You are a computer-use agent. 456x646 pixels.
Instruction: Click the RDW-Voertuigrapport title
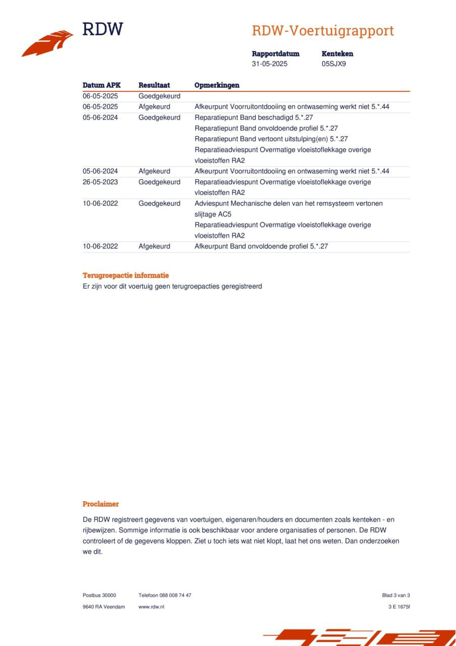click(323, 31)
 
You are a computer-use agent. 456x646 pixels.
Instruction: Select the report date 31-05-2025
click(270, 64)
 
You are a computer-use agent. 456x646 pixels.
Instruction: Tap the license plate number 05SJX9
click(334, 64)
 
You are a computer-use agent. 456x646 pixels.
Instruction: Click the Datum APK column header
click(101, 85)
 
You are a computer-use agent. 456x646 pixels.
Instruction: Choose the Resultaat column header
click(154, 85)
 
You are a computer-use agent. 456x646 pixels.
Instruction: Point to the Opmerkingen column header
click(217, 85)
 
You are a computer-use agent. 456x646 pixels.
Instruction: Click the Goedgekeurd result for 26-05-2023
click(159, 182)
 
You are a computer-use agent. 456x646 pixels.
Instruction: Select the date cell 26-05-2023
click(100, 182)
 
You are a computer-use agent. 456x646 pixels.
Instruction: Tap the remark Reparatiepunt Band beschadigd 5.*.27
click(254, 118)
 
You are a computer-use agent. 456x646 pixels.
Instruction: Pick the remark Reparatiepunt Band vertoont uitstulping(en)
click(271, 139)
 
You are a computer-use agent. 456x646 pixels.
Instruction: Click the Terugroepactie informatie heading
click(126, 276)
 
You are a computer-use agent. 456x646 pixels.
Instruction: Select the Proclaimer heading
click(101, 504)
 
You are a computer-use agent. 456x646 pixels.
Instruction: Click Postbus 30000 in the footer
click(99, 596)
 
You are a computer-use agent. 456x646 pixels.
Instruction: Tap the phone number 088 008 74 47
click(176, 596)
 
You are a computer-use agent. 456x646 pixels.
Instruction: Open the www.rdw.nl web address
click(151, 607)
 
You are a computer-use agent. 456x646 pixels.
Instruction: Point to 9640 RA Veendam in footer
click(104, 607)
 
